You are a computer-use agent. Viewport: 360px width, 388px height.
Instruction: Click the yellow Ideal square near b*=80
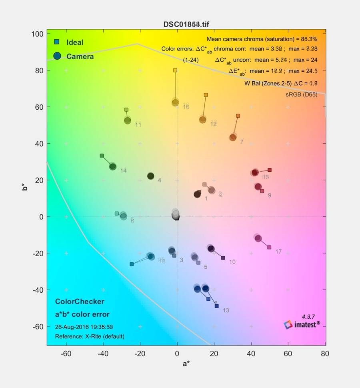(x=175, y=70)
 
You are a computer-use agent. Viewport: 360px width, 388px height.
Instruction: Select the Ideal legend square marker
(x=57, y=42)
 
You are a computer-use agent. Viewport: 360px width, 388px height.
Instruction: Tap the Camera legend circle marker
(x=57, y=56)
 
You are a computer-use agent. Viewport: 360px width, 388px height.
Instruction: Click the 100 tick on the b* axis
(x=38, y=34)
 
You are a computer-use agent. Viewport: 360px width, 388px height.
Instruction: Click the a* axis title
(x=186, y=364)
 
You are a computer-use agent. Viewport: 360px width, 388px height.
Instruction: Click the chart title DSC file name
(x=186, y=24)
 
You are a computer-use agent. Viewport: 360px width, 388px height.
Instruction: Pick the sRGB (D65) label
(x=301, y=95)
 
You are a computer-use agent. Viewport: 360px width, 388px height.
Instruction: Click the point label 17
(x=278, y=252)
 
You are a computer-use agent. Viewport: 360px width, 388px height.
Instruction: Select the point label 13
(x=226, y=310)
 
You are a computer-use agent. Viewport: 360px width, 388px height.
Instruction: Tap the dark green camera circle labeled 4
(x=151, y=176)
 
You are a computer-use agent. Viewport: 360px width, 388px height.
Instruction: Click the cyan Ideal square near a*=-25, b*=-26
(x=132, y=264)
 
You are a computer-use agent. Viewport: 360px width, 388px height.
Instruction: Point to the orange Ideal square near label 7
(x=238, y=116)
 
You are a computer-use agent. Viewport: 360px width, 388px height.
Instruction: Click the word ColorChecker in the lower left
(x=80, y=302)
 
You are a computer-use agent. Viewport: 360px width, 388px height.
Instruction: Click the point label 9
(x=270, y=195)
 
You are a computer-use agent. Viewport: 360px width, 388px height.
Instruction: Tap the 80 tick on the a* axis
(x=325, y=354)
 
